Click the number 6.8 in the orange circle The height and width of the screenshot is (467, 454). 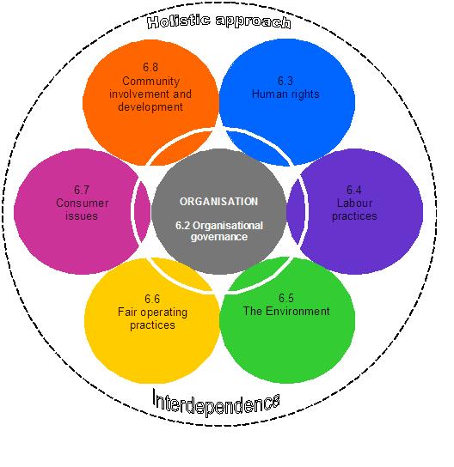tap(150, 67)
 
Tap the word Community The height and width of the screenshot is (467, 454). tap(151, 82)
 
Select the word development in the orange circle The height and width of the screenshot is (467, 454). tap(150, 107)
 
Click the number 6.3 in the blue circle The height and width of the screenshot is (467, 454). tap(285, 81)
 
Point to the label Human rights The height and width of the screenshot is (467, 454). tap(285, 94)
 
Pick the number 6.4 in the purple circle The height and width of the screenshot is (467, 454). tap(354, 190)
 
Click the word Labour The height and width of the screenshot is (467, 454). tap(354, 203)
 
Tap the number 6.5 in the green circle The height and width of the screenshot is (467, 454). tap(286, 298)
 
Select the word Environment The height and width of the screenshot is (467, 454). tap(298, 312)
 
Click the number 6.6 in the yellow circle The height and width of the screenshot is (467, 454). tap(152, 299)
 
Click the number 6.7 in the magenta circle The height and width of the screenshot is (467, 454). tap(82, 190)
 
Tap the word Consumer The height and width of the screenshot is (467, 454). tap(83, 203)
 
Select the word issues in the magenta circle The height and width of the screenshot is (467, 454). tap(82, 216)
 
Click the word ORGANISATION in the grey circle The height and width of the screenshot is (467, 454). tap(218, 202)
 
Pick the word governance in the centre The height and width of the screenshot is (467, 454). tap(219, 237)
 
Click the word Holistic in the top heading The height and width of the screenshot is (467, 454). tap(178, 22)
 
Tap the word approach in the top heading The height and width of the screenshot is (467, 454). tap(253, 22)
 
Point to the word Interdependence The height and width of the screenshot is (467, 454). tap(216, 402)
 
